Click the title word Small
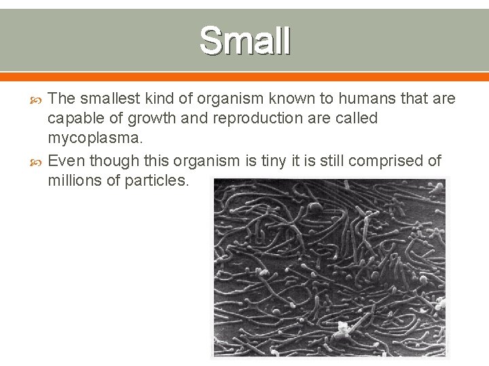tap(245, 41)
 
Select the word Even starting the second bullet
tap(66, 161)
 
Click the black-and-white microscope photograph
tap(330, 267)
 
